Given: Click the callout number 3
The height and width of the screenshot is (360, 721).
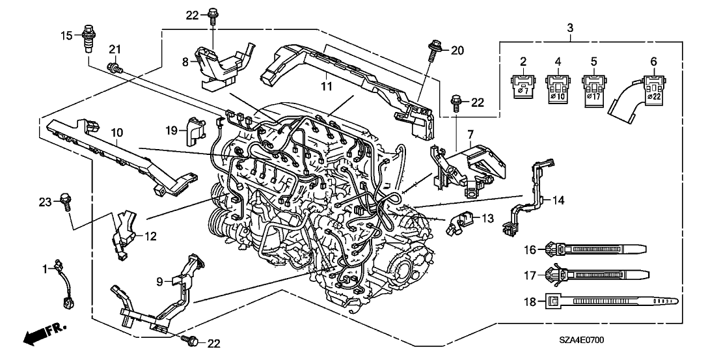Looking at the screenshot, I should click(570, 28).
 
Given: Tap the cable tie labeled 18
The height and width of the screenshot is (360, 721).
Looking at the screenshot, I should click(608, 301).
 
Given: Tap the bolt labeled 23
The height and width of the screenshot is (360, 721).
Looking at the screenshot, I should click(65, 201).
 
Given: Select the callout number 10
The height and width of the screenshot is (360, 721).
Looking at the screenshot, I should click(116, 133).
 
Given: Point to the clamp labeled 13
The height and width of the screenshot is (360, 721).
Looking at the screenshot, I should click(458, 222).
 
